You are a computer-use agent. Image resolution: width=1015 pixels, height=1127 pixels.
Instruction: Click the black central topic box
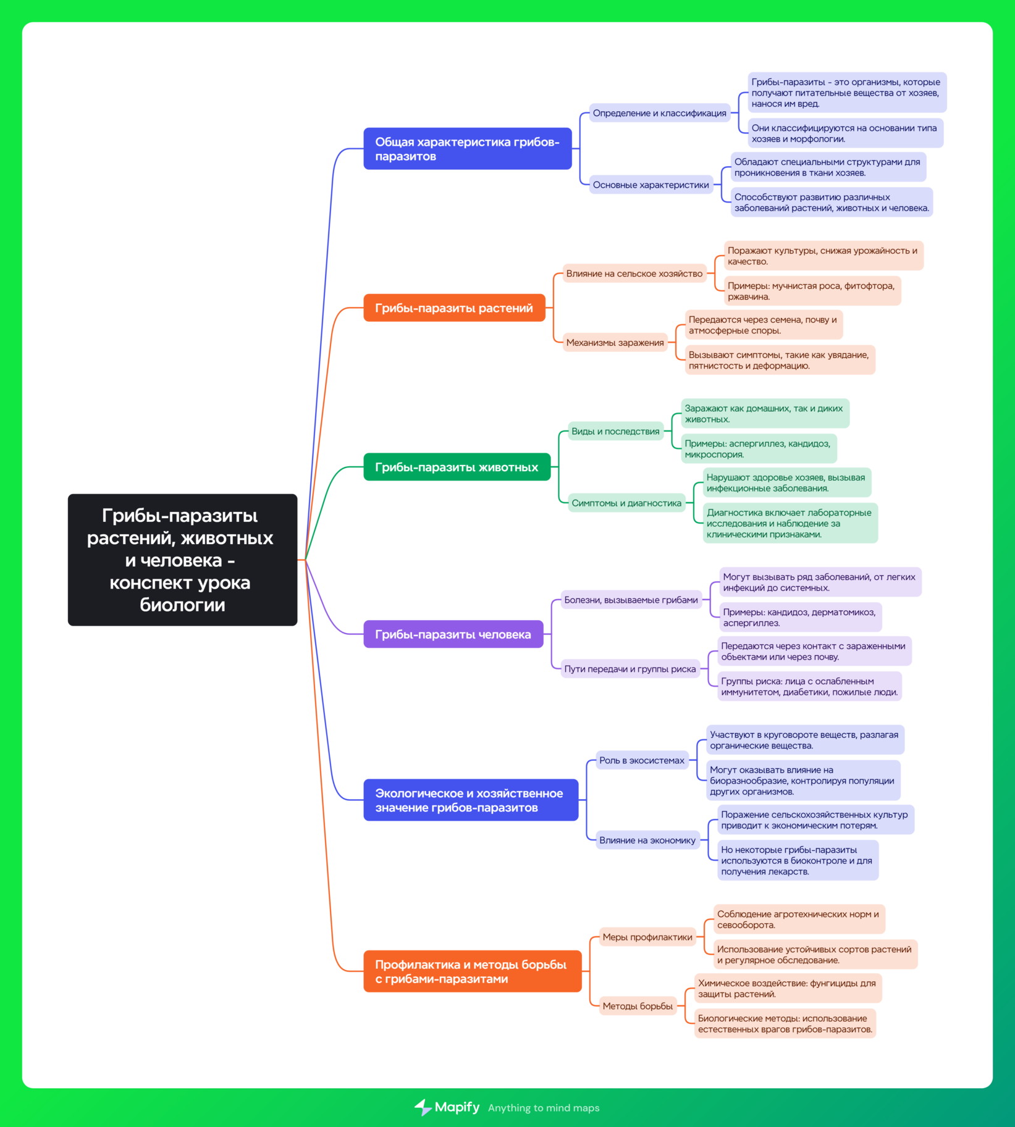182,559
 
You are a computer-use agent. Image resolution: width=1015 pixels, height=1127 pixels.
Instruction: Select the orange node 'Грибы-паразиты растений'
454,308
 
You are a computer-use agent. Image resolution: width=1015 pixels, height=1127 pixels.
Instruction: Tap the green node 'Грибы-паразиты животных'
457,467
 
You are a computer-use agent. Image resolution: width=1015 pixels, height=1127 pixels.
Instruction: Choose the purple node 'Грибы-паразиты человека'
453,634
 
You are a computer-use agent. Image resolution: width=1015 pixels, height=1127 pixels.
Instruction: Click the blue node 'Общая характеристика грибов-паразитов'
467,149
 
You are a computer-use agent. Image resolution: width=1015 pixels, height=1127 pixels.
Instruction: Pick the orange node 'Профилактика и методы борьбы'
472,971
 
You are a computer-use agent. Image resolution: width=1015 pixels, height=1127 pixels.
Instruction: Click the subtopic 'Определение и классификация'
659,113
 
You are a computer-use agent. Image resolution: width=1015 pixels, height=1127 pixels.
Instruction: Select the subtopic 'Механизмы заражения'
615,342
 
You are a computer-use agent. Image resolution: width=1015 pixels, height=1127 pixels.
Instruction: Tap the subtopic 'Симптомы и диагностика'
626,503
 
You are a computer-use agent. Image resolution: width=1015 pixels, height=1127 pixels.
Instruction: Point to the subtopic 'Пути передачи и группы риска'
630,669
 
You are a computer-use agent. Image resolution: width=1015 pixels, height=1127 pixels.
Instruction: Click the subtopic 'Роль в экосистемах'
641,760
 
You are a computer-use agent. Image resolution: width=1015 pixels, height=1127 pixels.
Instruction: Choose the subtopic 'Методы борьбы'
638,1006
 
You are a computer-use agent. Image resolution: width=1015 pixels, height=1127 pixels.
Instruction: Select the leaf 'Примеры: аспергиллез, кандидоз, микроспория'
759,449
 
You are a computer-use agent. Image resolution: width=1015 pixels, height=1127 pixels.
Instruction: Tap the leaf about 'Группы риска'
809,687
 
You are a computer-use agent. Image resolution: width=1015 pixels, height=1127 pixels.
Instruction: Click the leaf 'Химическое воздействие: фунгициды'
788,989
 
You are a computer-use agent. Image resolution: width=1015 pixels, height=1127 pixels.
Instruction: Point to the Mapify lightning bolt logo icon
423,1107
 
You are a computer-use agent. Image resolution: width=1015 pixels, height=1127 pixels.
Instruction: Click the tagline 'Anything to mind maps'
544,1108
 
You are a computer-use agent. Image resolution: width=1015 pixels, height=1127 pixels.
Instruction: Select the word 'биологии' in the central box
182,605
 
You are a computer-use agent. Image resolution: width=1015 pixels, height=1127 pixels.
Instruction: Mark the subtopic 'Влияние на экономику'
647,840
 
